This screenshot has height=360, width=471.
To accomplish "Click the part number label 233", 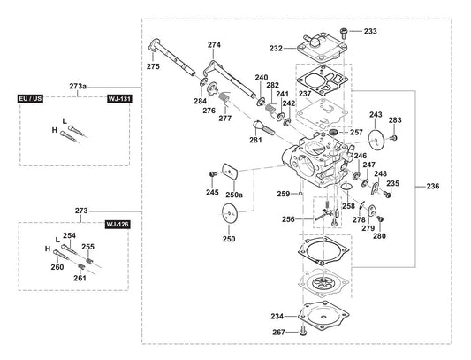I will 370,31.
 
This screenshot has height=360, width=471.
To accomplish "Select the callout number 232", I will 276,49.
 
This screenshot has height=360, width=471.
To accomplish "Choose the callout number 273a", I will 79,86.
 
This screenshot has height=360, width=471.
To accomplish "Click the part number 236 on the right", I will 432,187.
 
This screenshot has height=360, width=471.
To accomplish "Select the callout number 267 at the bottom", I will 277,332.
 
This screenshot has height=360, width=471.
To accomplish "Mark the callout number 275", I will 153,65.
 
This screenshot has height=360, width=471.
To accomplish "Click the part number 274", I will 214,44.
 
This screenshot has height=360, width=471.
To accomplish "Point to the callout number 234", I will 277,316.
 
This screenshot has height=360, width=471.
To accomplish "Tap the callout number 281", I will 255,140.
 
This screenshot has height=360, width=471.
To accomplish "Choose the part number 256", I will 288,218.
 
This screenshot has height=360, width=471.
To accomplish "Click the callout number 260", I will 57,267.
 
